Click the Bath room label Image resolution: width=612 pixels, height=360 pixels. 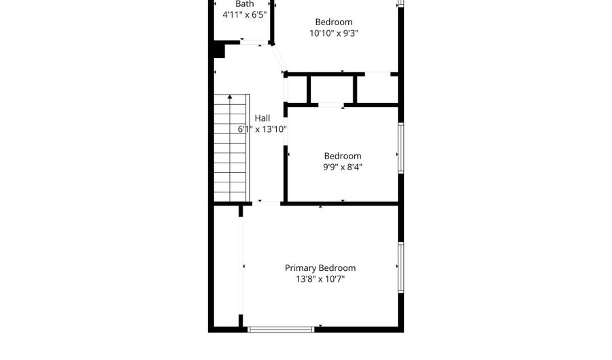click(244, 4)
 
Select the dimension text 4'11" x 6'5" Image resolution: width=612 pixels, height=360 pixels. click(244, 14)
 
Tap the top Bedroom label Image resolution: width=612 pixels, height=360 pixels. click(333, 22)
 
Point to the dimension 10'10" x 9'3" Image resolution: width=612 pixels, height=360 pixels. click(333, 33)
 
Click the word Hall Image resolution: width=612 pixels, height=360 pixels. click(262, 118)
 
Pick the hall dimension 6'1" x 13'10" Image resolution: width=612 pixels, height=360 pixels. click(262, 129)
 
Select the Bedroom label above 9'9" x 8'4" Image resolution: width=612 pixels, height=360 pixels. click(342, 157)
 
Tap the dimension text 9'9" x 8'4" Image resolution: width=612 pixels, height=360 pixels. click(342, 167)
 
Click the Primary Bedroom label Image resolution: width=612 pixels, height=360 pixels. click(320, 268)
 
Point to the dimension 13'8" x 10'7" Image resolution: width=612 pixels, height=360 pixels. click(320, 279)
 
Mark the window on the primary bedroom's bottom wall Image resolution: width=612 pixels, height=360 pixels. click(281, 329)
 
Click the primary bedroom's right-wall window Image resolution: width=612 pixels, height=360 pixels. click(401, 267)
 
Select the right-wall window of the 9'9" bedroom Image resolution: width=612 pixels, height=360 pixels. click(401, 147)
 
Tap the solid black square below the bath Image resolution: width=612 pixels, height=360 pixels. click(219, 50)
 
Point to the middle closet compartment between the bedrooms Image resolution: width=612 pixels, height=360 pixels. click(332, 88)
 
